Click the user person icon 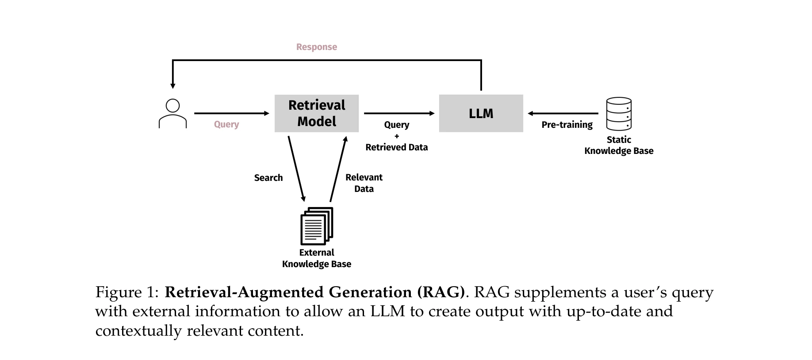click(172, 114)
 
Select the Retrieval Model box click(317, 113)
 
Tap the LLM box click(481, 113)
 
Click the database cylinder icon click(619, 114)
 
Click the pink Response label click(317, 47)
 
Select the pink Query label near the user click(226, 125)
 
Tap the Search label click(268, 178)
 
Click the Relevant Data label click(364, 183)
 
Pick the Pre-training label click(567, 125)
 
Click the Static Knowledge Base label click(619, 145)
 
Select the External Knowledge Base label click(317, 258)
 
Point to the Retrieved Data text click(397, 147)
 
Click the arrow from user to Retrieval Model click(231, 114)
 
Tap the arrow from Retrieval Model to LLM click(399, 114)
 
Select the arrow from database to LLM click(563, 114)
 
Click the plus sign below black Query click(397, 136)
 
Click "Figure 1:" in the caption click(126, 292)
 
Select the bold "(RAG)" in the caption click(440, 292)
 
